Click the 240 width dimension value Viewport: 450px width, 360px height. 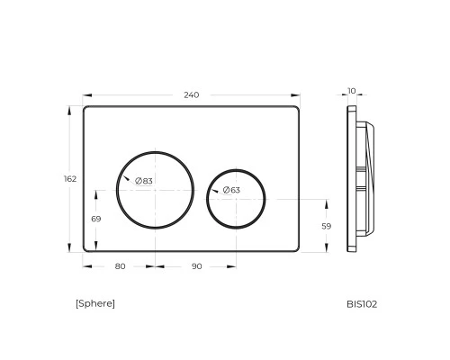[192, 95]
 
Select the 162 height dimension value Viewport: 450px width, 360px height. [70, 179]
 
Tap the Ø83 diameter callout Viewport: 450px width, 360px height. [144, 181]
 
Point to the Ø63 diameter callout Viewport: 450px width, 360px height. [231, 190]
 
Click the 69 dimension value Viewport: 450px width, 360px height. [96, 219]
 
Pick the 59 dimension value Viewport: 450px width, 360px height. [327, 226]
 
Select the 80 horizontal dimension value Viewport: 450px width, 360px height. [120, 266]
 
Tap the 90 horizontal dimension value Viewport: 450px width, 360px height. [196, 266]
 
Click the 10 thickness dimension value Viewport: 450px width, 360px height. [352, 91]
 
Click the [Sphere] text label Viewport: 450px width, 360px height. [95, 303]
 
